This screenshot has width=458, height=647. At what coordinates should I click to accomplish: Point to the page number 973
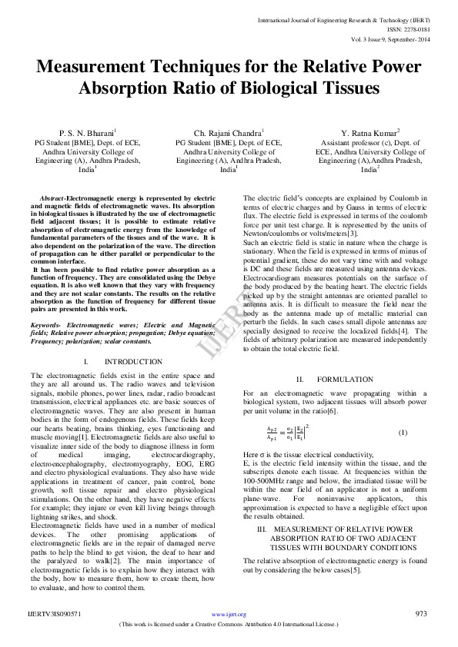(421, 613)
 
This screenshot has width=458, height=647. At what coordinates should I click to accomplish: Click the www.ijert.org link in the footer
(229, 614)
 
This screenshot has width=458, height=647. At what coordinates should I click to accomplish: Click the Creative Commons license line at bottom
(229, 625)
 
